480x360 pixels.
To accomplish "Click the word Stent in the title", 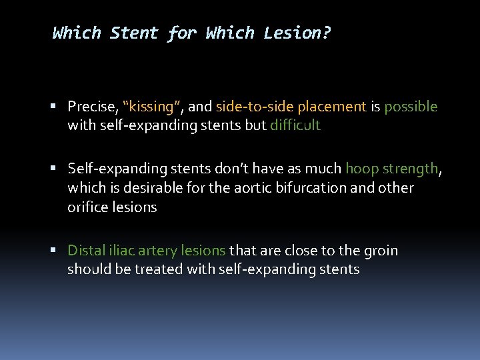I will tap(134, 33).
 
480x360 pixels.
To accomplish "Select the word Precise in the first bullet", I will tap(91, 107).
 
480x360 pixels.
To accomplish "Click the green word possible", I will tap(411, 107).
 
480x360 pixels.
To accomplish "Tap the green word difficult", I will tap(295, 125).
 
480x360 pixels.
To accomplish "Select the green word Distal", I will tap(86, 251).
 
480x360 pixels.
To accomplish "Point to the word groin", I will tap(380, 251).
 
